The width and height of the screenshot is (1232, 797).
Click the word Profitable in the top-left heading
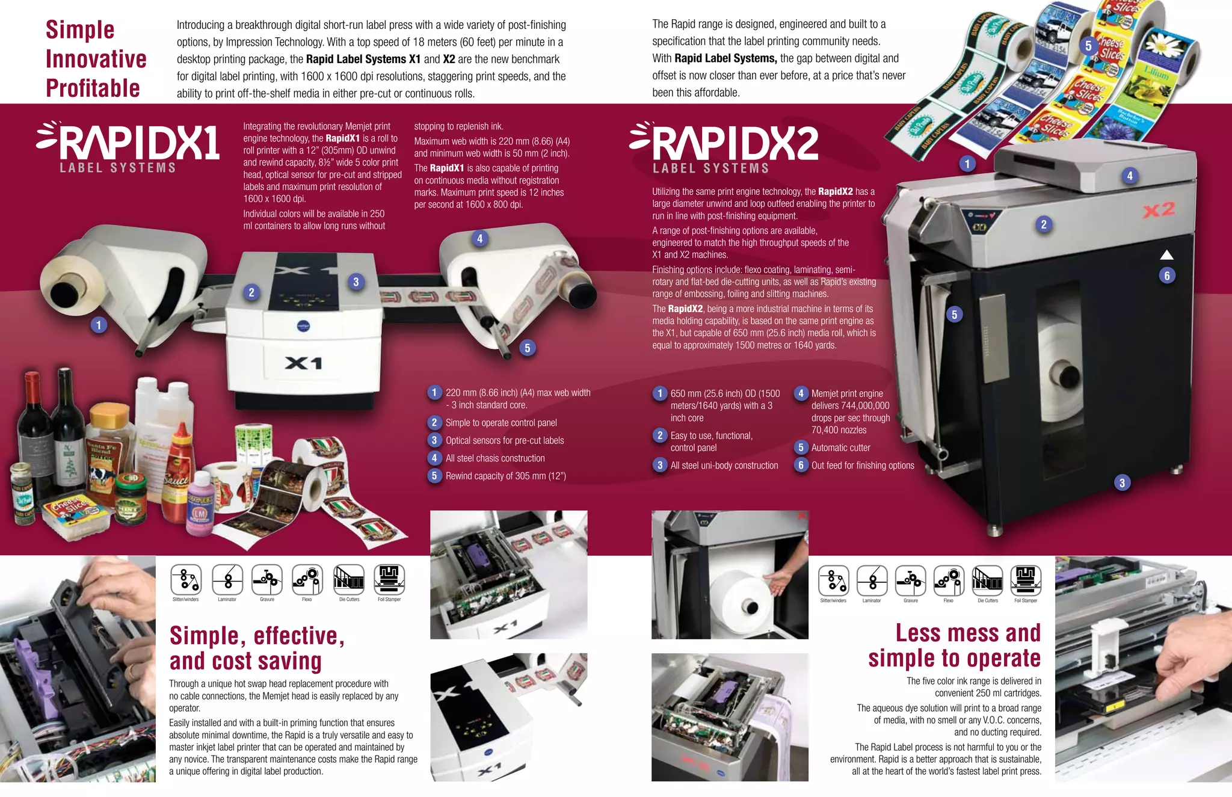click(x=93, y=88)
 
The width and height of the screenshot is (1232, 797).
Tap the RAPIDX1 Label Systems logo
click(x=128, y=147)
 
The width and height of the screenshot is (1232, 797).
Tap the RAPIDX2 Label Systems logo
click(x=724, y=147)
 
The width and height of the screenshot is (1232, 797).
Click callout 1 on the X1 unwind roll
click(x=99, y=325)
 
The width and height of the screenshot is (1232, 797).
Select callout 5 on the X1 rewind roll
click(x=528, y=348)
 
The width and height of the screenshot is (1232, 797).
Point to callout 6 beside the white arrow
click(x=1166, y=275)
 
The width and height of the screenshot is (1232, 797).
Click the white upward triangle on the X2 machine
click(x=1166, y=254)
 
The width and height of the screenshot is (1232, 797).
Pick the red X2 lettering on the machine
click(x=1159, y=210)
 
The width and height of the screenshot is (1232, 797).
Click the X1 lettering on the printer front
click(x=304, y=363)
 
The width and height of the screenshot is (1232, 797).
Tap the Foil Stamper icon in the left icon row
click(x=389, y=579)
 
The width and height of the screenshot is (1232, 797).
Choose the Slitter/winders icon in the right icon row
click(x=833, y=580)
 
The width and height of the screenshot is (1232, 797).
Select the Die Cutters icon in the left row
click(x=349, y=579)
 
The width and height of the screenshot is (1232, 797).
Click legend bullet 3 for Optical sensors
click(x=434, y=440)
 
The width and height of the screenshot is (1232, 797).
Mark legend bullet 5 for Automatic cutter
click(x=801, y=448)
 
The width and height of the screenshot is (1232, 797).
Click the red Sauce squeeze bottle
click(x=179, y=475)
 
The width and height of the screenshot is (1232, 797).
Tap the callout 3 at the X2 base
click(x=1121, y=482)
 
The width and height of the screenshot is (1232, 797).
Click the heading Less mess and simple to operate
click(x=955, y=645)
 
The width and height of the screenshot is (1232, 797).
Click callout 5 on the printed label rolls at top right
click(x=1088, y=46)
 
